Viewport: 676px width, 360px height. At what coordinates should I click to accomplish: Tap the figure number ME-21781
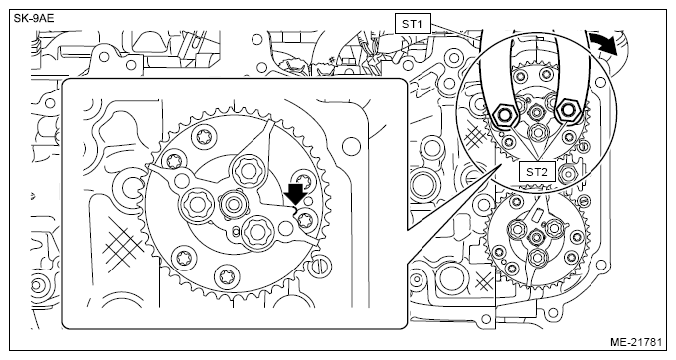636,342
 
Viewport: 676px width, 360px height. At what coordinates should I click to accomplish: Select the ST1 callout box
413,24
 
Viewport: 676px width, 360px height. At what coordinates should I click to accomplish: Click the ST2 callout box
536,172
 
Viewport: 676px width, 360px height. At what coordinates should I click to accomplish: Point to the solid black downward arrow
296,194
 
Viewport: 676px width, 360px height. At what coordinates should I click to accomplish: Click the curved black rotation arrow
604,45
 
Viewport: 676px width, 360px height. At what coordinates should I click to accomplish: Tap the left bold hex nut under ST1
503,114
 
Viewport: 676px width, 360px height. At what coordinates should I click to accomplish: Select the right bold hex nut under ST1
566,111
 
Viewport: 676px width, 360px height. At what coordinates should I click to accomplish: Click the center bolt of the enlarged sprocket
234,204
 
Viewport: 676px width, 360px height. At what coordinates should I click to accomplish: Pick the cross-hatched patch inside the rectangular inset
123,245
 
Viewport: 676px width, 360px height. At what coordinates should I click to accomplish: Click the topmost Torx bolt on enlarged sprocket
203,138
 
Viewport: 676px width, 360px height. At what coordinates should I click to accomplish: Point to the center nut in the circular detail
536,112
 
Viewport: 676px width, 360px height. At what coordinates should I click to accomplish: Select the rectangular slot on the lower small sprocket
537,214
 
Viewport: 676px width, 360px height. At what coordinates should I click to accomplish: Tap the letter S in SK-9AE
17,19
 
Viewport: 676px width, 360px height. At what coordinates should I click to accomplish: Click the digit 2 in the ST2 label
544,172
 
